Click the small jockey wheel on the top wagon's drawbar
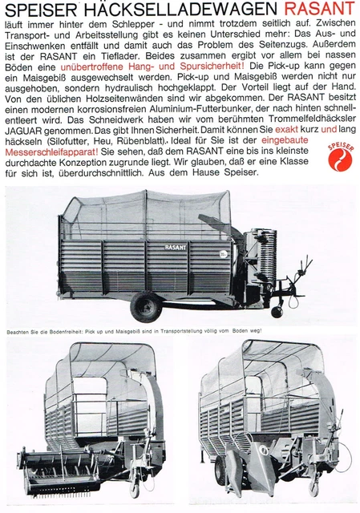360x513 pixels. point(278,311)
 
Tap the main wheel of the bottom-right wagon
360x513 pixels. point(220,472)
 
